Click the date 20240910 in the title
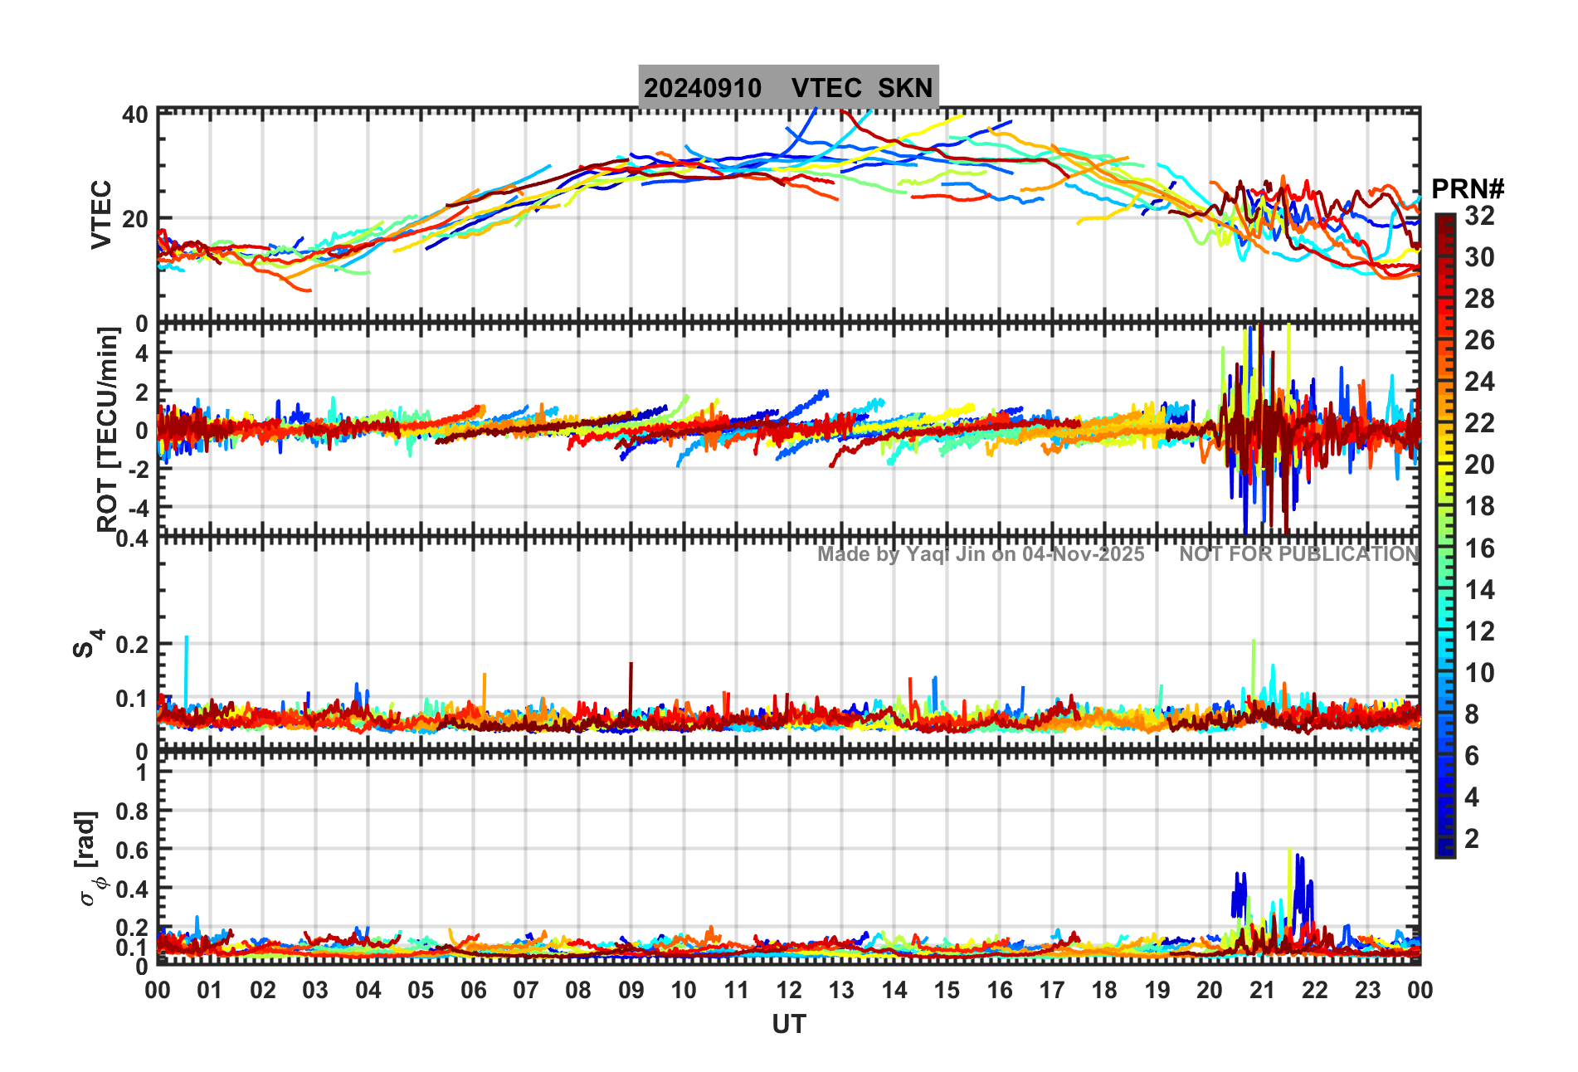click(x=703, y=88)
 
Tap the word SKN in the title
click(x=905, y=88)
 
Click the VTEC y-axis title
click(x=101, y=214)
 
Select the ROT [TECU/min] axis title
click(x=108, y=428)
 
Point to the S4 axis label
click(x=87, y=643)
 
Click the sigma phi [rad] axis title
click(x=90, y=859)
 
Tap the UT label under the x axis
click(x=788, y=1025)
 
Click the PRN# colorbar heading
click(x=1468, y=189)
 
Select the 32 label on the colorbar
click(x=1479, y=217)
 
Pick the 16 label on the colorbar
click(x=1479, y=548)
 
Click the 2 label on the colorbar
click(x=1472, y=839)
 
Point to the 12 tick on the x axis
click(x=789, y=990)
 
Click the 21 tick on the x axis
click(x=1262, y=990)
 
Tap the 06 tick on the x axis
click(x=474, y=990)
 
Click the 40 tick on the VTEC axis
click(x=135, y=115)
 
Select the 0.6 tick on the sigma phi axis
click(x=131, y=850)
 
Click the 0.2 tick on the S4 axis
click(x=131, y=644)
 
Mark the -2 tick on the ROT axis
click(x=137, y=469)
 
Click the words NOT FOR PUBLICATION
click(x=1298, y=554)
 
